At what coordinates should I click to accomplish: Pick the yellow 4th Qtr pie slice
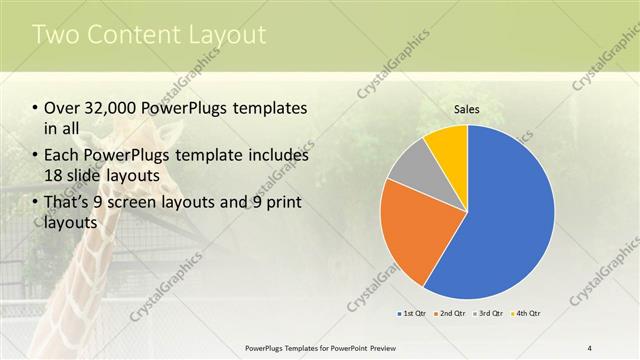pos(447,145)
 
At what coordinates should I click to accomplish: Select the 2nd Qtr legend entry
pos(451,314)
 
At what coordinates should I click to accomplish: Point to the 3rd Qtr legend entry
pos(489,314)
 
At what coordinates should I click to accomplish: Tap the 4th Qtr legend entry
pos(526,314)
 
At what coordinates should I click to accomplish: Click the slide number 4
pos(590,347)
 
